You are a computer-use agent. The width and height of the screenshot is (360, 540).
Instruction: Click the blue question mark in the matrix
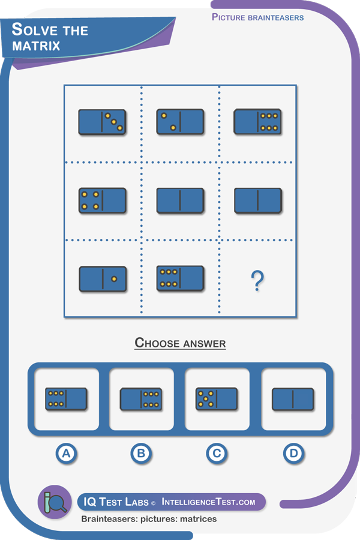point(257,281)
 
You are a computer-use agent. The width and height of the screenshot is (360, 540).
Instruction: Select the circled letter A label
point(66,453)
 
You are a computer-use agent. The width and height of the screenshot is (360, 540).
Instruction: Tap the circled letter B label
point(141,453)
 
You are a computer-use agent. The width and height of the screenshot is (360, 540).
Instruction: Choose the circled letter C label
point(217,453)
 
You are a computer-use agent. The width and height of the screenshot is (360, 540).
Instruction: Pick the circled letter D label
point(293,453)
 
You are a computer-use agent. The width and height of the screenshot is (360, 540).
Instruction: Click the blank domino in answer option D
point(293,400)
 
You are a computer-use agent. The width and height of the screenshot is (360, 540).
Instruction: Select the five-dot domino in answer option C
point(217,399)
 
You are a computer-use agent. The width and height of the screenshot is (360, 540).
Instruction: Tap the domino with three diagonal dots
point(103,122)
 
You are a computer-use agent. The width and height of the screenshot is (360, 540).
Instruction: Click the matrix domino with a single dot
point(103,279)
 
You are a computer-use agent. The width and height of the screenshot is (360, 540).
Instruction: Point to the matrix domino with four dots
point(103,200)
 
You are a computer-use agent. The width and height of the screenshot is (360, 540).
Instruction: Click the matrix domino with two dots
point(181,122)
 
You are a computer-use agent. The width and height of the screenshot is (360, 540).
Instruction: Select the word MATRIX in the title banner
point(36,46)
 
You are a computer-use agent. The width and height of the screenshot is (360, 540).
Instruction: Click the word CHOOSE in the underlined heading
point(157,343)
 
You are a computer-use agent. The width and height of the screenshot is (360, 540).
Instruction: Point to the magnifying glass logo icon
point(55,502)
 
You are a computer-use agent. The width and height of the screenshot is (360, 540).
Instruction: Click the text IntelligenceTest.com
point(208,502)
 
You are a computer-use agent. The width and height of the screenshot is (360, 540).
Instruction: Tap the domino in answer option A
point(66,399)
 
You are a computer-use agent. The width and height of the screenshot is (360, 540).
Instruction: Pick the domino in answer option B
point(141,400)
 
